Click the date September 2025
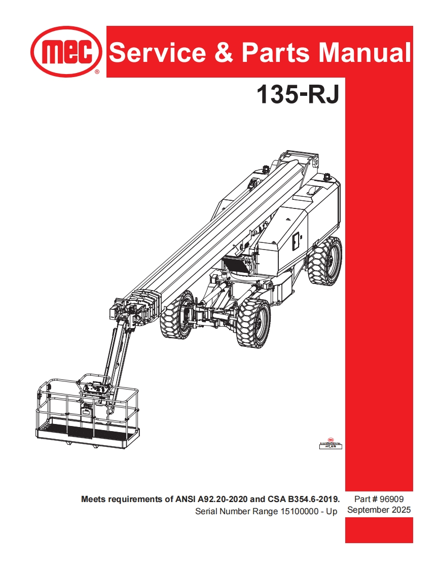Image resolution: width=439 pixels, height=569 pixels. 379,510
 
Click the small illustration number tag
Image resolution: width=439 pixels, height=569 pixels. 330,445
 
